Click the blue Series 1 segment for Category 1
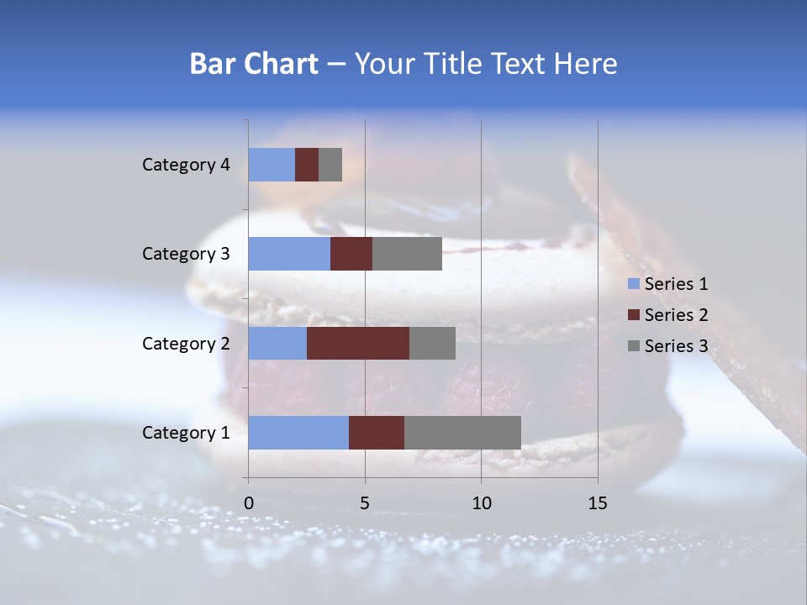click(298, 432)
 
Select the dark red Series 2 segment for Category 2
click(358, 343)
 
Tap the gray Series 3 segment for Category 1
click(462, 432)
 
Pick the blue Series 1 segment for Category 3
click(289, 254)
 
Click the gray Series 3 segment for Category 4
click(330, 165)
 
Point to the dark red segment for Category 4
click(307, 165)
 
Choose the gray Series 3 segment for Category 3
click(407, 254)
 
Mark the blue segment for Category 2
click(277, 343)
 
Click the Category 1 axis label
click(186, 433)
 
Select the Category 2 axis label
click(186, 344)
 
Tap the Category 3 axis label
click(186, 254)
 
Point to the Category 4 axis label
click(186, 165)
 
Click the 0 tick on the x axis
click(249, 503)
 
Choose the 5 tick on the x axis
click(365, 503)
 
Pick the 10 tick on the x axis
click(481, 503)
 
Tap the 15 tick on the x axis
click(598, 503)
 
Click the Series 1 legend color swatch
click(633, 284)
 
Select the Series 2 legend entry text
click(676, 315)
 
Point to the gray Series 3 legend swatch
click(633, 346)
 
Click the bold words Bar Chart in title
click(254, 64)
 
